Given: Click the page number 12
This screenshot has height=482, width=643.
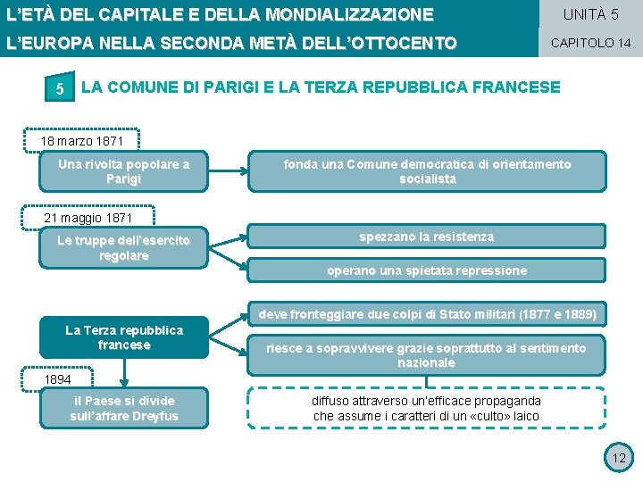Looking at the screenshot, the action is [x=617, y=458].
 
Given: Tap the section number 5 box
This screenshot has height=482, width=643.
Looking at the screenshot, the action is [x=59, y=89].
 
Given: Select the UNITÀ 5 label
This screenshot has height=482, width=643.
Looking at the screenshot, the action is [x=590, y=14].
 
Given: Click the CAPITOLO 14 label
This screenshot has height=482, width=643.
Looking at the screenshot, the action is [x=590, y=42].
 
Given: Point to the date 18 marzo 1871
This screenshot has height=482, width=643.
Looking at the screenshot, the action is [x=81, y=141].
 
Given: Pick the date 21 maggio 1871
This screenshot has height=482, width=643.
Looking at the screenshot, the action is [x=88, y=218].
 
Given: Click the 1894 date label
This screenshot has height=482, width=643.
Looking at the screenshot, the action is [x=58, y=378].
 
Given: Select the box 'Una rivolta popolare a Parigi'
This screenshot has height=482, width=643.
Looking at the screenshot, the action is [x=123, y=171].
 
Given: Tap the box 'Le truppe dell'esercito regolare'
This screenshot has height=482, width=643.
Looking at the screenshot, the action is [x=123, y=248].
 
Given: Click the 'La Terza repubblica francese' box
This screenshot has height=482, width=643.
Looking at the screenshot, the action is [x=123, y=337].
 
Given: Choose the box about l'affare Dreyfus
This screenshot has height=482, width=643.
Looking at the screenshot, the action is [x=123, y=408].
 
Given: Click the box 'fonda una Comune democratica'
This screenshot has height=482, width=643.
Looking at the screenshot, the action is [x=427, y=171].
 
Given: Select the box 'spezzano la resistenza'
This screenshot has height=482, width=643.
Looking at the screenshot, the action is [x=426, y=237].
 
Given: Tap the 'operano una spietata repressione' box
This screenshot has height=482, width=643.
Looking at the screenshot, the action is [x=426, y=270].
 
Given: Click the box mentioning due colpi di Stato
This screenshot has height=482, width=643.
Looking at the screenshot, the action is [x=427, y=314].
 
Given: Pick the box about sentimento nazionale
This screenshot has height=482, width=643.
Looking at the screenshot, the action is [x=426, y=355].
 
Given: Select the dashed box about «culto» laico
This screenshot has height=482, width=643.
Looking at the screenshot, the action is [x=426, y=408].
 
